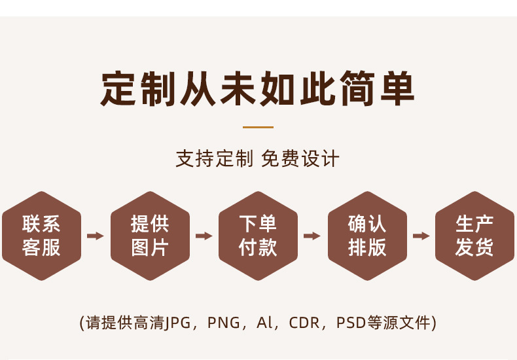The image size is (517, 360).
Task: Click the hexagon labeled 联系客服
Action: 41,236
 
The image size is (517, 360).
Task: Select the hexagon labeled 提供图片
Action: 150,236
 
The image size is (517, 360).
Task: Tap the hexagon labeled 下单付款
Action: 258,236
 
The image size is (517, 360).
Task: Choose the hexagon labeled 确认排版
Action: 367,236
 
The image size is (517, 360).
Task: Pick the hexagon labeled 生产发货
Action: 474,236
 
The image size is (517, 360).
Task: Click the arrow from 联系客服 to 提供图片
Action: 96,236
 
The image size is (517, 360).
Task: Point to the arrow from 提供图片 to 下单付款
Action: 204,236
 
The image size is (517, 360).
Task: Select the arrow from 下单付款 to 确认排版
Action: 312,236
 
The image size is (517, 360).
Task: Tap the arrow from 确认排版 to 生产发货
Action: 421,236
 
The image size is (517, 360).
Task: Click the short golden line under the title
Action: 258,127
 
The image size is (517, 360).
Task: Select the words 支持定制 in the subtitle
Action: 213,159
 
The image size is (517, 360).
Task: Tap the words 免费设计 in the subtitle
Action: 300,159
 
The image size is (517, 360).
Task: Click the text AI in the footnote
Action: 264,323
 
